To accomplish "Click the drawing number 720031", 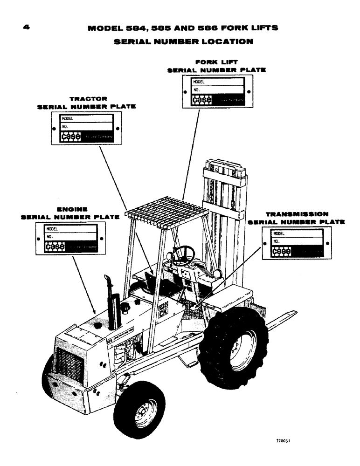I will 285,439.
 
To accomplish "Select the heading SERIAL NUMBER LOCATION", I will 183,41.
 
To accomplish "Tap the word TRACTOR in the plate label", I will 89,99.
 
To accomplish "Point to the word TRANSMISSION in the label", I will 296,214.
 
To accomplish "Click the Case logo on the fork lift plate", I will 202,100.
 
